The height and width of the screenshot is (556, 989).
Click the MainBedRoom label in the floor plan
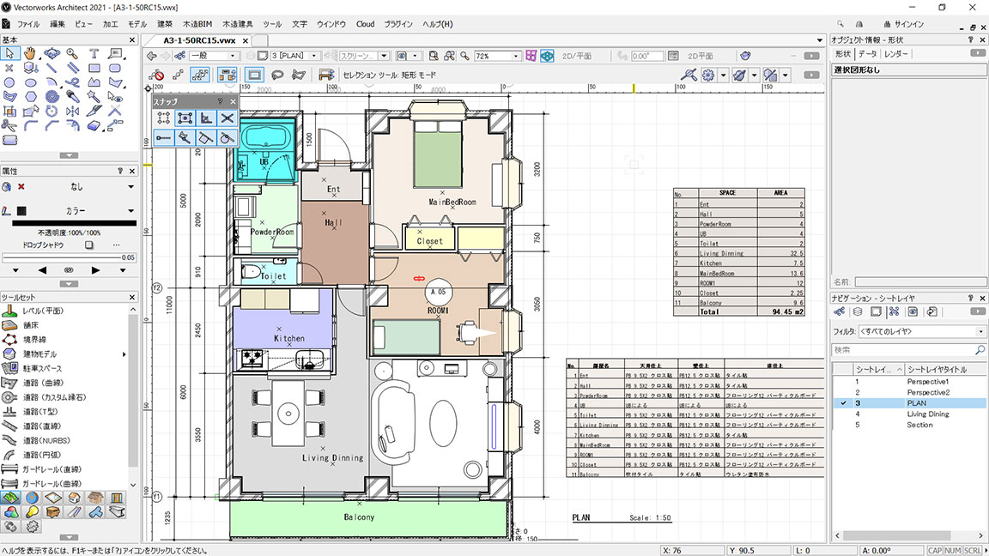pyautogui.click(x=452, y=202)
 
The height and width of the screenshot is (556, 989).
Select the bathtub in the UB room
pyautogui.click(x=265, y=138)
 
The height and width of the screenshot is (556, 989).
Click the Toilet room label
pyautogui.click(x=273, y=277)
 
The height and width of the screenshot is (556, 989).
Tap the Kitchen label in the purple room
pyautogui.click(x=288, y=339)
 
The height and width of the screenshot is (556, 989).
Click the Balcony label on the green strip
pyautogui.click(x=359, y=517)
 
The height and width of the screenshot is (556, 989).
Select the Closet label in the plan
pyautogui.click(x=429, y=241)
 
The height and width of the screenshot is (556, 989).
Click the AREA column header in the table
pyautogui.click(x=780, y=193)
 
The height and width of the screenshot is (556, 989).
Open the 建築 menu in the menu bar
pyautogui.click(x=165, y=24)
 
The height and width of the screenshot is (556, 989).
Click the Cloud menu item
pyautogui.click(x=366, y=24)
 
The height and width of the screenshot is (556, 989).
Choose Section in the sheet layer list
pyautogui.click(x=919, y=425)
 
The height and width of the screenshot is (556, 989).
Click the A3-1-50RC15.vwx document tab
pyautogui.click(x=199, y=40)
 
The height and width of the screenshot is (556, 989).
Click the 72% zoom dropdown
pyautogui.click(x=498, y=56)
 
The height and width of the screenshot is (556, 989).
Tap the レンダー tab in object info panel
pyautogui.click(x=896, y=54)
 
